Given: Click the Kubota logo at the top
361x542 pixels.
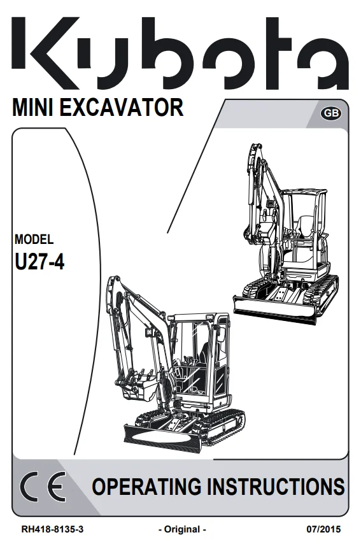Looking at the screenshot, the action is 180,52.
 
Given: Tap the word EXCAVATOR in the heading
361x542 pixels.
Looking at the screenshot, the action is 121,107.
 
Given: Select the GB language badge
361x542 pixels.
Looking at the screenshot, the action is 331,113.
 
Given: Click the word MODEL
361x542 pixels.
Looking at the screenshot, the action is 34,239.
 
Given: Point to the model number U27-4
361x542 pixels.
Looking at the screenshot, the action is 39,261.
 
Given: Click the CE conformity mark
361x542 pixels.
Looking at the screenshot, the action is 43,487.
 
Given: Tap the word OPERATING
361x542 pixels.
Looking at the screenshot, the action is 146,487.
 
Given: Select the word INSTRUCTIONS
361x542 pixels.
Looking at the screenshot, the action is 276,487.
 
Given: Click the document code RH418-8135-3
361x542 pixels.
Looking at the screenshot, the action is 52,529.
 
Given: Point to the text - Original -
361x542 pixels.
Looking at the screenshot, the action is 182,529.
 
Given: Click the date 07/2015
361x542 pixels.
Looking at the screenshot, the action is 323,529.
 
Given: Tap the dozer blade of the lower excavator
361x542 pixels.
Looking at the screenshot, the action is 162,438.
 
